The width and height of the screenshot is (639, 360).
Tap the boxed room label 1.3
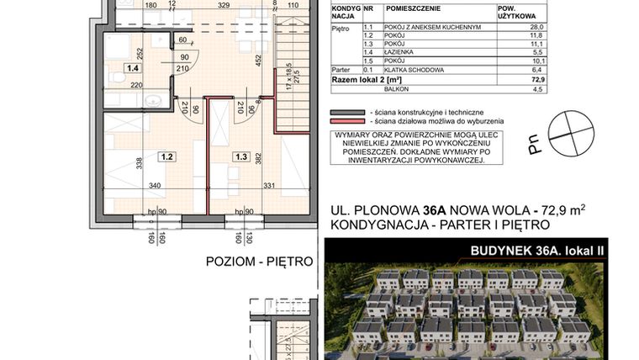pos(240,156)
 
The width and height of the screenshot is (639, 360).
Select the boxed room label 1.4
pos(132,70)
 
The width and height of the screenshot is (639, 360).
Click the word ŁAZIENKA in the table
pos(399,52)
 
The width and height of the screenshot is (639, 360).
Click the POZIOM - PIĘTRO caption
pos(258,262)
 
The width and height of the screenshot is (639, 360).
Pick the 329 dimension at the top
pos(224,5)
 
